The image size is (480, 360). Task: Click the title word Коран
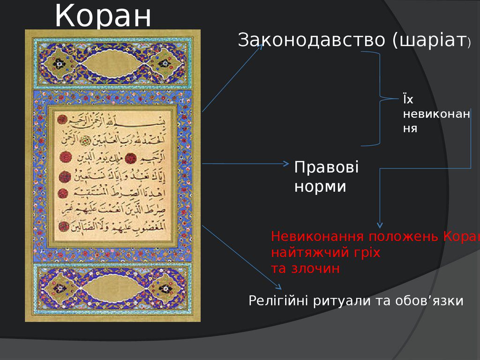[x=103, y=16]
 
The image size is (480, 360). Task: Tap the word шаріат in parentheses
[x=431, y=41]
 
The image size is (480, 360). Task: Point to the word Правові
[x=326, y=167]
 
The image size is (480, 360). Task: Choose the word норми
[x=320, y=187]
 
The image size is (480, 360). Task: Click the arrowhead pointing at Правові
[x=286, y=164]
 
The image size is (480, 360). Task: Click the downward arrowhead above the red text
[x=380, y=225]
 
